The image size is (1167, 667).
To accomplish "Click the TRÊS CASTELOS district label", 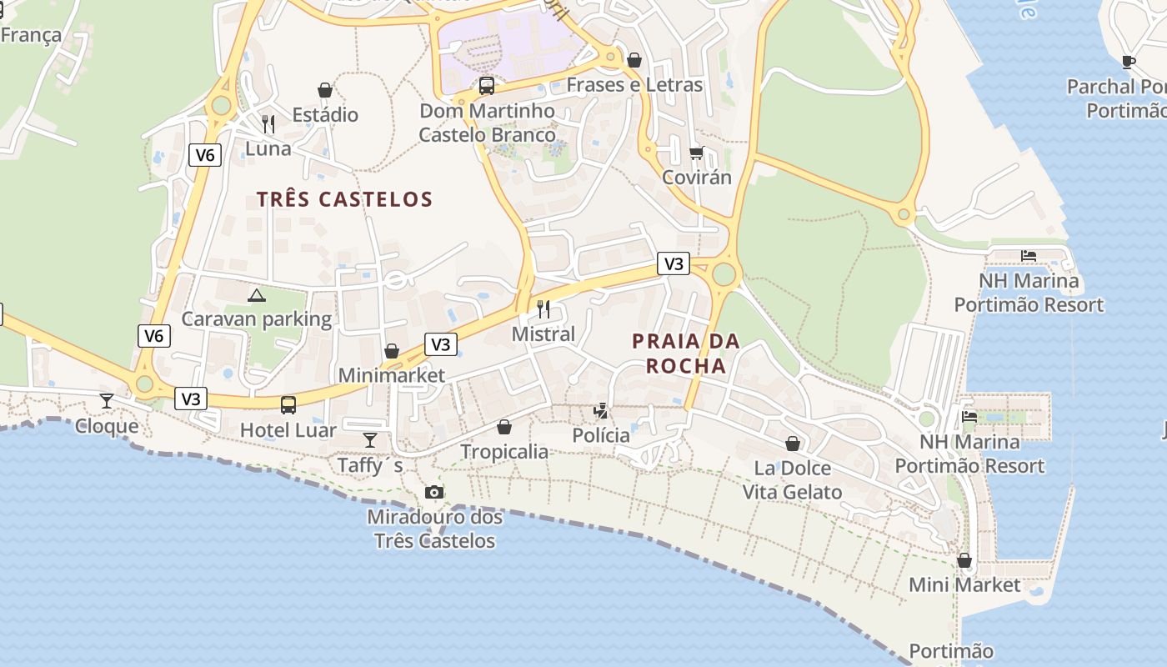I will [344, 199].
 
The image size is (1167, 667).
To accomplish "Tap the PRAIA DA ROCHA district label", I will [685, 354].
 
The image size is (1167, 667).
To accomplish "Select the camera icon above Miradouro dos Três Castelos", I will [433, 492].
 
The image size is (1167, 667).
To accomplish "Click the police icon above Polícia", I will [600, 410].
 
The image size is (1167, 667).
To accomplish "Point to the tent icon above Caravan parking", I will [257, 294].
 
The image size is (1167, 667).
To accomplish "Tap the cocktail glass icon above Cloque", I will [107, 401].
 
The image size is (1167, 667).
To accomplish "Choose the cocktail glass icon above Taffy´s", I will [370, 439].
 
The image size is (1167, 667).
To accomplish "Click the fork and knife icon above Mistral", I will [543, 309].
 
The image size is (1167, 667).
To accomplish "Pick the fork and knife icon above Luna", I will [268, 124].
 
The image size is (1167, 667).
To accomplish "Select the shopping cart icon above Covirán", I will [696, 153].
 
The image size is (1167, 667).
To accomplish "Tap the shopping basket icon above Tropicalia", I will [504, 427].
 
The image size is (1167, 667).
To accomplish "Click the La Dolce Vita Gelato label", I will [792, 479].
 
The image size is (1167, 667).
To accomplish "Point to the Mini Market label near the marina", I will [964, 584].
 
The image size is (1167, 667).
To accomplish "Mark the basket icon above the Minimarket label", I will [391, 351].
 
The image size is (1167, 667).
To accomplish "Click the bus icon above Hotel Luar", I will [288, 405].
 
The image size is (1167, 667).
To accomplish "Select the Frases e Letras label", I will [634, 85].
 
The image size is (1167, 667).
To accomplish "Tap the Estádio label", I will [325, 114].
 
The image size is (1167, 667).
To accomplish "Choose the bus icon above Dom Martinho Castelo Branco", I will [487, 85].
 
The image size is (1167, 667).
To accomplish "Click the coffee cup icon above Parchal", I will [1128, 61].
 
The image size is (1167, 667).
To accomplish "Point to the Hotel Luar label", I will [288, 430].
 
